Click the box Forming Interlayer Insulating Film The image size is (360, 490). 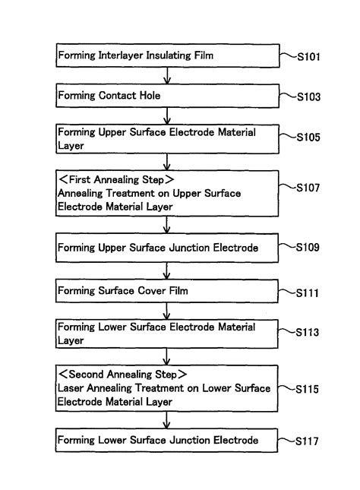point(166,55)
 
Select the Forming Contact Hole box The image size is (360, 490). point(166,96)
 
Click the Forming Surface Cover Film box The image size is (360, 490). point(166,291)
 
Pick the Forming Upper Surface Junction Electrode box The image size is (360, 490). point(166,248)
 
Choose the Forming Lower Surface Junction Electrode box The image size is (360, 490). point(166,440)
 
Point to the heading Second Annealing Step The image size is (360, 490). point(122,375)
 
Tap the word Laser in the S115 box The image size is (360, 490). point(72,388)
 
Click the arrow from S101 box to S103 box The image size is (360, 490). point(167,76)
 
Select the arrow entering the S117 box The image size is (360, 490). point(167,420)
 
